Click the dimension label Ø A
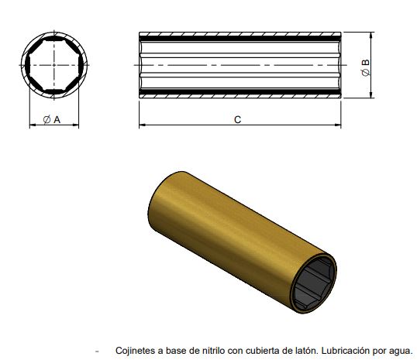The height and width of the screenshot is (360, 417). pyautogui.click(x=53, y=118)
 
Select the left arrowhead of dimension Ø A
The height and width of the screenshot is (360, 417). pyautogui.click(x=32, y=125)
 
